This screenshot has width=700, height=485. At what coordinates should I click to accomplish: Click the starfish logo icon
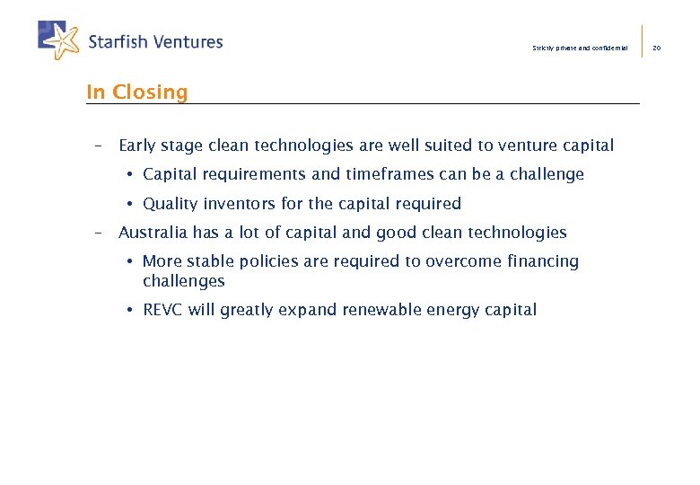(x=59, y=40)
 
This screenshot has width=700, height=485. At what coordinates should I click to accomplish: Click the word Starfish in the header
(x=118, y=41)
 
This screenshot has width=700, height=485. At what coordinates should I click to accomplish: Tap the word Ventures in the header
(x=188, y=41)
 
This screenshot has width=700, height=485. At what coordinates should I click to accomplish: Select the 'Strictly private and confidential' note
(x=580, y=48)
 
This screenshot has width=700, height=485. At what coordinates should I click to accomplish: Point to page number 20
(x=656, y=48)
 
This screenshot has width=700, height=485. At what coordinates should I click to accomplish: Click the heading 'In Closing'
(x=136, y=93)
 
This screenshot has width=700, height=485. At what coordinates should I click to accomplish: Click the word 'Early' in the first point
(x=137, y=145)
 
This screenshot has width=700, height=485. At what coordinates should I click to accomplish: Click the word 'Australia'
(x=153, y=233)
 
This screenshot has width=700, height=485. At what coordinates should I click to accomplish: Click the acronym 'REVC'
(x=163, y=310)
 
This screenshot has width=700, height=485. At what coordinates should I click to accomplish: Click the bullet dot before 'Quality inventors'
(x=130, y=204)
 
